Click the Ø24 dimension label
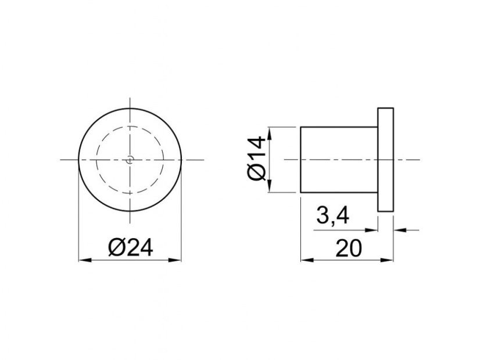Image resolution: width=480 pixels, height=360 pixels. coord(130,247)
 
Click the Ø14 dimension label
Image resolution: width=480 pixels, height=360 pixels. coord(256,159)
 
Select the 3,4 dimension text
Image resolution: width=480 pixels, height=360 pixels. coord(332,215)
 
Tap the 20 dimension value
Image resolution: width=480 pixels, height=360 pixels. coord(349,248)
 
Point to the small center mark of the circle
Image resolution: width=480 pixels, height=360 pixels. coord(130,159)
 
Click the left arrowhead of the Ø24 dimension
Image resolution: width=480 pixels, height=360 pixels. coord(85,260)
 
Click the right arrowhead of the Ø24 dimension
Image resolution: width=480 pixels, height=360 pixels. coord(175,260)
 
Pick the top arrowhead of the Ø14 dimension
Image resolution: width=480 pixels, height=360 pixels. coord(270,134)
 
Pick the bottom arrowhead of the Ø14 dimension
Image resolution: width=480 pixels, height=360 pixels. coord(270,186)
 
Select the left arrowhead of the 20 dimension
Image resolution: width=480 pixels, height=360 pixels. coord(307,260)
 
